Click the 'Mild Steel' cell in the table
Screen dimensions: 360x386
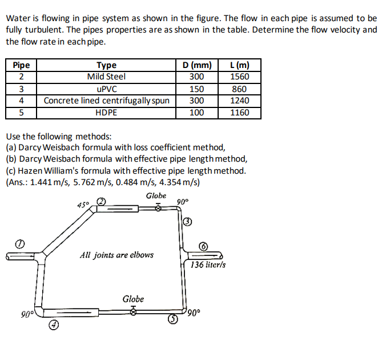[106, 77]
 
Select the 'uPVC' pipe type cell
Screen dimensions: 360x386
[106, 89]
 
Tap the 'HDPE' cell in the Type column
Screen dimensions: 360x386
[106, 113]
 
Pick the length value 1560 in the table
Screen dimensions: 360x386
[239, 77]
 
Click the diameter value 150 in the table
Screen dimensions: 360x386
[196, 89]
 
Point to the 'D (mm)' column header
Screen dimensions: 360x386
[196, 65]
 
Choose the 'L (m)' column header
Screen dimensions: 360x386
[239, 65]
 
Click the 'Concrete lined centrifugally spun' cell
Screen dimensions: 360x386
[106, 101]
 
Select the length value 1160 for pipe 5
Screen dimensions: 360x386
[239, 113]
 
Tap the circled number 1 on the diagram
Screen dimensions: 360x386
[20, 243]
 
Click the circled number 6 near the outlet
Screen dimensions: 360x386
[204, 246]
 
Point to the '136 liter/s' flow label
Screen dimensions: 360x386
[208, 265]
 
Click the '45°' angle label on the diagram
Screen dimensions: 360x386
[83, 205]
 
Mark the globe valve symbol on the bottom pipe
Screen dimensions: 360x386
[134, 311]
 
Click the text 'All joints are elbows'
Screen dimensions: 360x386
[117, 254]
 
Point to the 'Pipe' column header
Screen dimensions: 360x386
[21, 65]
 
